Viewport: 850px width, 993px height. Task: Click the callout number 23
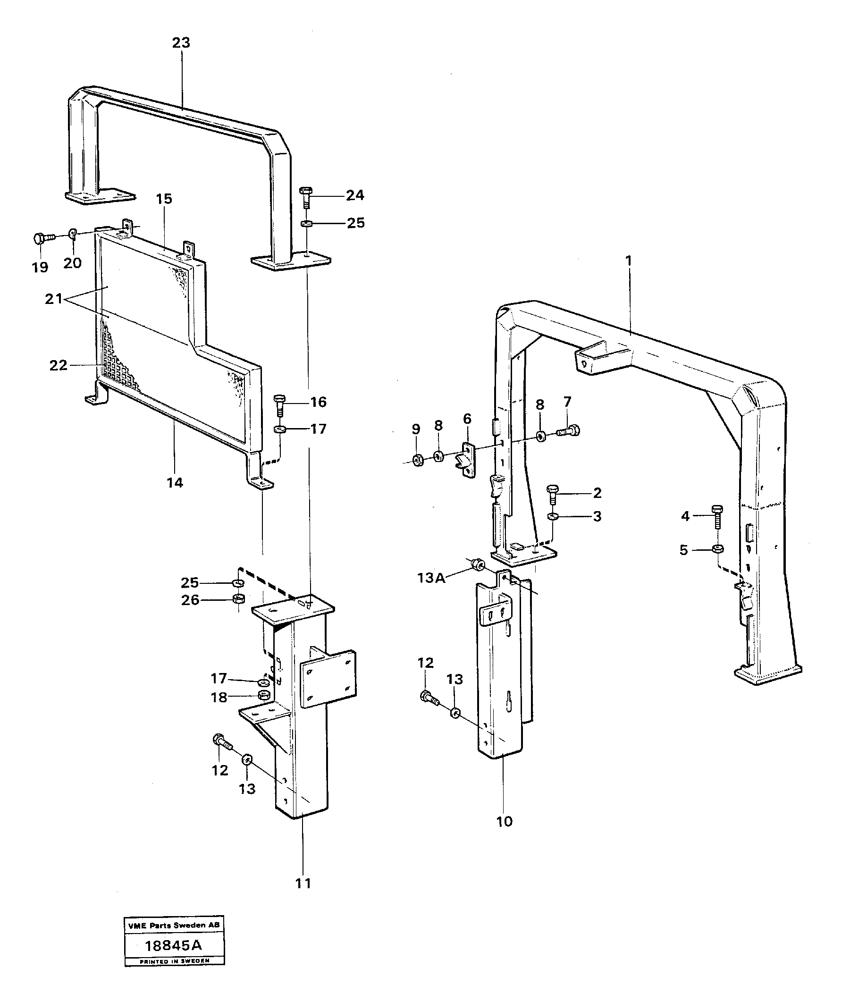[x=181, y=42]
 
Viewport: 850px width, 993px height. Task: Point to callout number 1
[x=628, y=261]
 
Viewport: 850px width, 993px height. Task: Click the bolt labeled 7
[x=569, y=431]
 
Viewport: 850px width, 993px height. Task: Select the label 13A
[x=431, y=578]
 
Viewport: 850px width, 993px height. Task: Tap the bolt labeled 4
[x=717, y=517]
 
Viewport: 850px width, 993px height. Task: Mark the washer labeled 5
[x=718, y=549]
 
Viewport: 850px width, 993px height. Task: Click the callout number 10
[x=504, y=821]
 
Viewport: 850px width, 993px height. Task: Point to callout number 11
[x=303, y=883]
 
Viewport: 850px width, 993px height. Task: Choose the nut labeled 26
[x=238, y=599]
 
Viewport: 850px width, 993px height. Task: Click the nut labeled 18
[x=263, y=695]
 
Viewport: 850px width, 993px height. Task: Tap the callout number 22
[x=59, y=366]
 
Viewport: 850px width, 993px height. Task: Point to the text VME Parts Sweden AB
[x=174, y=926]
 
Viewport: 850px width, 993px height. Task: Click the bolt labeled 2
[x=552, y=495]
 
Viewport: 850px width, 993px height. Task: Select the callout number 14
[x=175, y=483]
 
